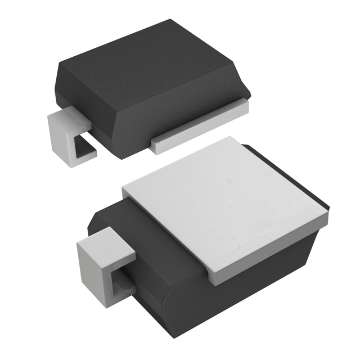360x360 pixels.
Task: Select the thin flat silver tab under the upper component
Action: point(202,124)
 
